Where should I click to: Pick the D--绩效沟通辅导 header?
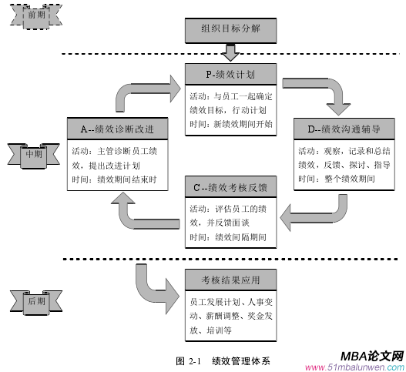[342, 129]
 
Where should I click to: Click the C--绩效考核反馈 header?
[230, 187]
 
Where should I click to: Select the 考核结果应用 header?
[230, 278]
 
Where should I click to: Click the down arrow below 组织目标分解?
[230, 52]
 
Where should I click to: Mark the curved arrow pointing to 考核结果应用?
[150, 283]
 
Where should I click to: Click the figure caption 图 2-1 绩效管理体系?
[223, 359]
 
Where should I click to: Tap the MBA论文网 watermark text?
[371, 356]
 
